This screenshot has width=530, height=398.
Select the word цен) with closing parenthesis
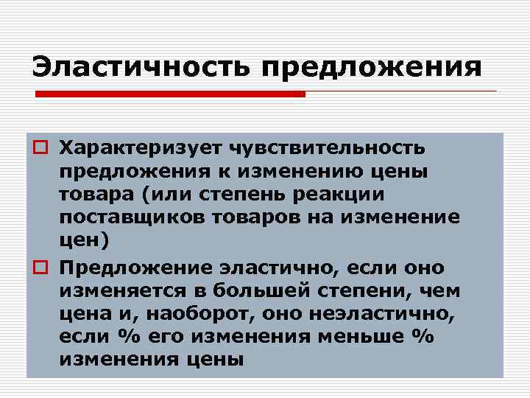83,241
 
